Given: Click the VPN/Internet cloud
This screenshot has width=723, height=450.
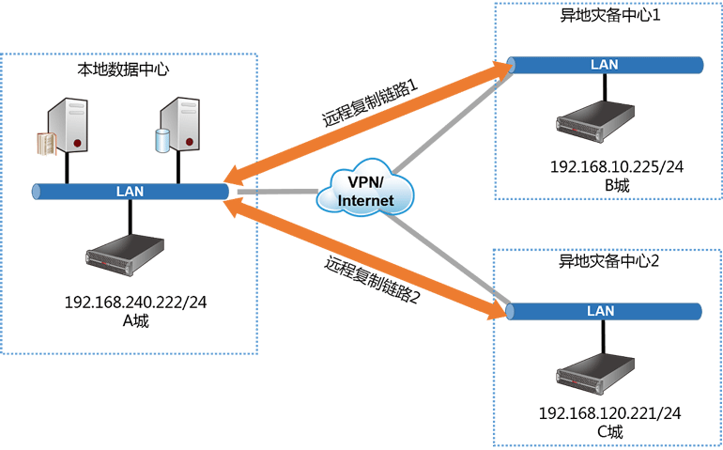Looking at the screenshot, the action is [x=365, y=188].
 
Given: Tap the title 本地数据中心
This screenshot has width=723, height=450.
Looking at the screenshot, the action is [x=123, y=70].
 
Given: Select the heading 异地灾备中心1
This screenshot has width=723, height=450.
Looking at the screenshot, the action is [x=610, y=15].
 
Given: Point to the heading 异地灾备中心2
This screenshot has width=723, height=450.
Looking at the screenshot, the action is [x=608, y=261].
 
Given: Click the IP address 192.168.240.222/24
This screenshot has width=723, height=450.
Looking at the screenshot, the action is [x=135, y=303].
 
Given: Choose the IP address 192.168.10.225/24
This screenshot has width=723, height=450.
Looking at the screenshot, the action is [x=617, y=166].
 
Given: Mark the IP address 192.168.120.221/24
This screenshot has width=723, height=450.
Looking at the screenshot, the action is [x=609, y=413].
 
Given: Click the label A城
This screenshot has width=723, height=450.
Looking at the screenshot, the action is [x=135, y=320].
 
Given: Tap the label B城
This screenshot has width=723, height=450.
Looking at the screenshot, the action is [x=617, y=185].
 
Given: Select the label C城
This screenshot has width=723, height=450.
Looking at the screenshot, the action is [x=610, y=431].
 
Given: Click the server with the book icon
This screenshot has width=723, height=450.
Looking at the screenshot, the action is [x=63, y=127].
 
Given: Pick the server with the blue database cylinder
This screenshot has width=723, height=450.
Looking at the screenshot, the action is [x=177, y=125].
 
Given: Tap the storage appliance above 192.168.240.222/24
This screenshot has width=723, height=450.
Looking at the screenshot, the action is [x=125, y=255].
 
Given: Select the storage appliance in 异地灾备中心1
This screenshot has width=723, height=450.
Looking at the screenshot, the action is [x=594, y=122].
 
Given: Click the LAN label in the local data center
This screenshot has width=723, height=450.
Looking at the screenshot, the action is [x=130, y=192].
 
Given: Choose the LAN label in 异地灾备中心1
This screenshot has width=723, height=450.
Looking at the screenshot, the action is [x=604, y=65].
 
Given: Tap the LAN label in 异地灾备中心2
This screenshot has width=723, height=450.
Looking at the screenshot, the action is [x=600, y=311].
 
